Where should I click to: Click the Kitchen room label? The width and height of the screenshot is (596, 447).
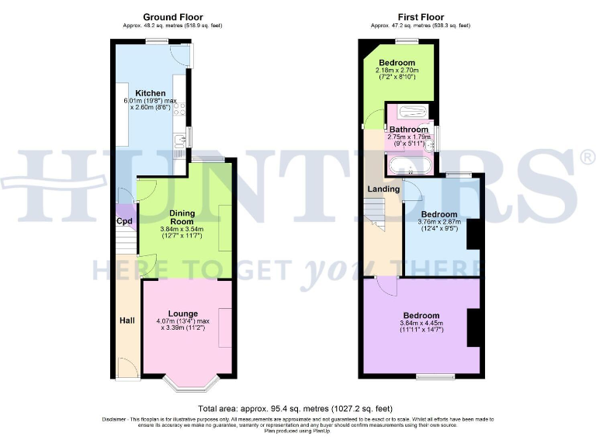coord(150,93)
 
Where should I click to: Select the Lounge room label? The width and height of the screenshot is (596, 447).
coord(183,314)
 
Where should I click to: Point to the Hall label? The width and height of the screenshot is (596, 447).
coord(127,320)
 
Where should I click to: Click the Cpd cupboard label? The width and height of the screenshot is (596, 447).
coord(124,220)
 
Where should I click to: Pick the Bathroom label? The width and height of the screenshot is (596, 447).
coord(408,129)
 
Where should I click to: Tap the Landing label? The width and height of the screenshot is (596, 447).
coord(383,189)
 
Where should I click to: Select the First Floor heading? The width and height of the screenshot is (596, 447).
coord(420,16)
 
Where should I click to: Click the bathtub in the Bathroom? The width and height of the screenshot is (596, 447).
coord(408,165)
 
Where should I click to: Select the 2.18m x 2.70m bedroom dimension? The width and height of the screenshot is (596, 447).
coord(397,71)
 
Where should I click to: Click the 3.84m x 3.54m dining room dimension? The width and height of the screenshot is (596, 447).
coord(182,233)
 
